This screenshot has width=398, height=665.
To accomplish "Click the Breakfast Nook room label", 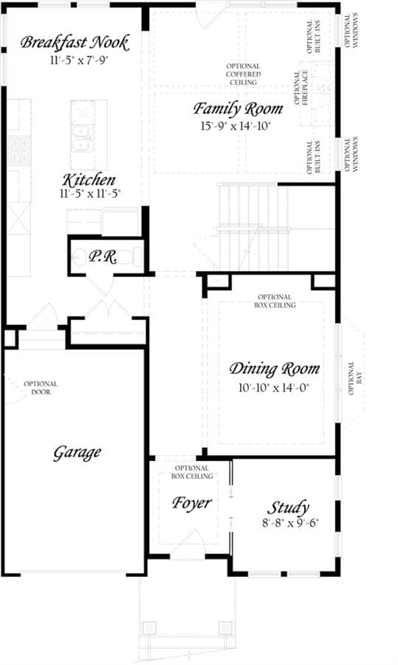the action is coord(75,43).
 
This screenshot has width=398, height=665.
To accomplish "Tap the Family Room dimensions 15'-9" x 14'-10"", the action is coord(236,126).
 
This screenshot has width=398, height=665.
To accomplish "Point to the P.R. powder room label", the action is coord(102,257).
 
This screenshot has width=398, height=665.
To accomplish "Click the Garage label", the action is coord(77,453).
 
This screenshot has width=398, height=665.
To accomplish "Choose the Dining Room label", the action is coord(274,369).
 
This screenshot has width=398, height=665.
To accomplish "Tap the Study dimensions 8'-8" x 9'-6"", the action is coord(290,523).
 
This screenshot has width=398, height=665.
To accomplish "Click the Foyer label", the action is coord(191,503).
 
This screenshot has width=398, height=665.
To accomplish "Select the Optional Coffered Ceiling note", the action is coord(243,74).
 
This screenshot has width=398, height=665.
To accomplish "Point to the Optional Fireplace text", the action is coord(301,88).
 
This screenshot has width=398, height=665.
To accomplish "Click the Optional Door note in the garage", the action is coord(41,388).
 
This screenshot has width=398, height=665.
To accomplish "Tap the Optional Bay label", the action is coord(354,378).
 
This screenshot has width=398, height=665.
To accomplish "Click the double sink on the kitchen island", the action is coord(82,138).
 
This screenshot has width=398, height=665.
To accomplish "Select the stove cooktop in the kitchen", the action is coord(20,150).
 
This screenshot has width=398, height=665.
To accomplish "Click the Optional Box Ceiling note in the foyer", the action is coord(192,472).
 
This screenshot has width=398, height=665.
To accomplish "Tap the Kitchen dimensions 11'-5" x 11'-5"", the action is coord(91,194).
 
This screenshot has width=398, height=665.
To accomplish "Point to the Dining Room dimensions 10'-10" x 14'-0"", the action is coord(273,387).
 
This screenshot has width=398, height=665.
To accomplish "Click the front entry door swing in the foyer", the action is coord(188,542).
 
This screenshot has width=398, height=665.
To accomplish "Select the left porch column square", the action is coord(149,627).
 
